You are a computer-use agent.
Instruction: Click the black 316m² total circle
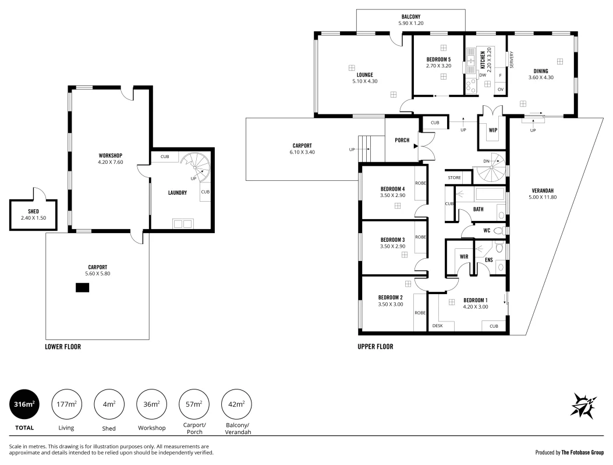pyautogui.click(x=25, y=405)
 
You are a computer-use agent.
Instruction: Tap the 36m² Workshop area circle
pyautogui.click(x=151, y=405)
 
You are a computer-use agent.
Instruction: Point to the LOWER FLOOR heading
pyautogui.click(x=63, y=347)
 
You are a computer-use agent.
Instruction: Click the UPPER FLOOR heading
pyautogui.click(x=375, y=347)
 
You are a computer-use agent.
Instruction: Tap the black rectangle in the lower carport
pyautogui.click(x=82, y=287)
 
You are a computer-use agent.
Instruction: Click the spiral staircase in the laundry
pyautogui.click(x=195, y=168)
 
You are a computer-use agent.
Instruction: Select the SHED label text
pyautogui.click(x=34, y=211)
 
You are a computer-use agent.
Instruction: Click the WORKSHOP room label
pyautogui.click(x=110, y=155)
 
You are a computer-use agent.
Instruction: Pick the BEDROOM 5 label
pyautogui.click(x=438, y=59)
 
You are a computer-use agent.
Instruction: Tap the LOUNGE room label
pyautogui.click(x=365, y=75)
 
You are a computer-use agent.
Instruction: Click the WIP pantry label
pyautogui.click(x=493, y=130)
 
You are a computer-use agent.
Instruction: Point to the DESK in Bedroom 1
pyautogui.click(x=438, y=326)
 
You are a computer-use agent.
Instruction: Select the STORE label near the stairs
pyautogui.click(x=455, y=177)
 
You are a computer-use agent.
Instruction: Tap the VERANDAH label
pyautogui.click(x=542, y=191)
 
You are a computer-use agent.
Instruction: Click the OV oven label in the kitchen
pyautogui.click(x=500, y=89)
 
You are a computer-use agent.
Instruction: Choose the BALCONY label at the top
pyautogui.click(x=411, y=16)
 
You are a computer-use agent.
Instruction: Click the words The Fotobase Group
pyautogui.click(x=582, y=452)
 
